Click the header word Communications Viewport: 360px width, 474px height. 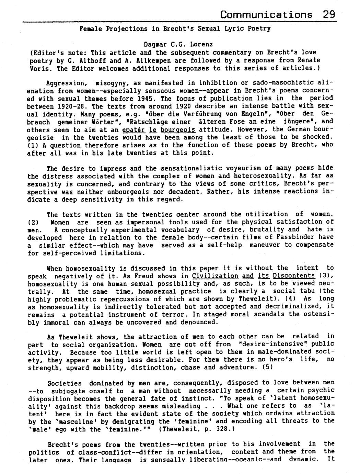tap(266, 14)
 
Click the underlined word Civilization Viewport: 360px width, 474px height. tap(215, 276)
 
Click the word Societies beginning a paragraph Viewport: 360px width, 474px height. tap(65, 383)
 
